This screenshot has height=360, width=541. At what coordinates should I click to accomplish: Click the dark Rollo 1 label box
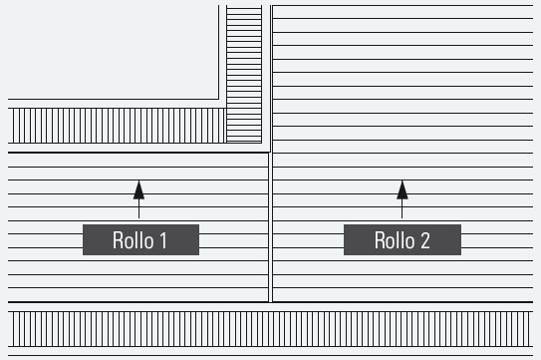[140, 239]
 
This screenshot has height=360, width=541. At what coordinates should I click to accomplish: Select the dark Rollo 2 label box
[402, 239]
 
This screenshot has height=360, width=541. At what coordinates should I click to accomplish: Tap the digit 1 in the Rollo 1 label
[162, 240]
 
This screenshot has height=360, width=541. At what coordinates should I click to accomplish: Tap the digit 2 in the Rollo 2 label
[424, 240]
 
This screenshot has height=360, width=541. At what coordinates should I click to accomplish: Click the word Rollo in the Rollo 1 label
[132, 240]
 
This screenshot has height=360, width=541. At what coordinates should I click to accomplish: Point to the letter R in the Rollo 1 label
[116, 240]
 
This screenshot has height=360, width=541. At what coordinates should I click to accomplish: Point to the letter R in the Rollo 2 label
[378, 240]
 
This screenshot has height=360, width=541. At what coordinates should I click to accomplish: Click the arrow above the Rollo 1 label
[138, 197]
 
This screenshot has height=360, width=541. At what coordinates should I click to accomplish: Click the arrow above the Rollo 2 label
[402, 197]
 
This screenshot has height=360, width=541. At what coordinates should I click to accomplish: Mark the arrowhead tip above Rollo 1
[138, 180]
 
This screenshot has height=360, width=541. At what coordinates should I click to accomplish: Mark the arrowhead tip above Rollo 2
[402, 180]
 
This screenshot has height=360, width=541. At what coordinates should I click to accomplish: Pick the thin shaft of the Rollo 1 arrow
[138, 207]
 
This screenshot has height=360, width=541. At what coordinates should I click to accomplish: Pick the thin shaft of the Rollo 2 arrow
[402, 207]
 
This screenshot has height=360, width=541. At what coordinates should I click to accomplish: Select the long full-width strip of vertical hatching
[270, 328]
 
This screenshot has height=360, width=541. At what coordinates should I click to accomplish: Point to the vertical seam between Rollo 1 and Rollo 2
[271, 229]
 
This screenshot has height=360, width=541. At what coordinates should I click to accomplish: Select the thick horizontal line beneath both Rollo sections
[270, 302]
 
